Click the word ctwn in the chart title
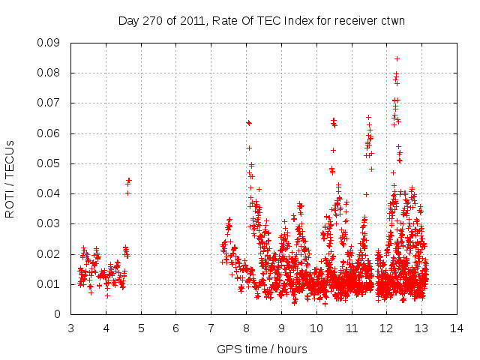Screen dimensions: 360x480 pos(391,21)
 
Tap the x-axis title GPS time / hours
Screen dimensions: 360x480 pos(262,349)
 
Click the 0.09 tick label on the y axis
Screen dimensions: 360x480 pos(49,43)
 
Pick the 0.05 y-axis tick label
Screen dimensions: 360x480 pos(49,163)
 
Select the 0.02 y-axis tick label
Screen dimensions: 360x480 pos(49,254)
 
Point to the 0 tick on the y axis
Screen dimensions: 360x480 pos(58,314)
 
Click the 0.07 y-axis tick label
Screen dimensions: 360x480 pos(49,103)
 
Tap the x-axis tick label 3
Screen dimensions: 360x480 pos(70,328)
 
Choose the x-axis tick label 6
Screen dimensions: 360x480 pos(175,328)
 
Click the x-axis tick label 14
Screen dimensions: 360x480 pos(456,328)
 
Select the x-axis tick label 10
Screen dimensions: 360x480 pos(316,328)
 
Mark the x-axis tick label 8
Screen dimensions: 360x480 pos(246,328)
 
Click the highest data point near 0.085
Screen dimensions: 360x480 pos(397,58)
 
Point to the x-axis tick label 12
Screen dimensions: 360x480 pos(386,328)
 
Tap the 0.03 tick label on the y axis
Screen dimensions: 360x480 pos(49,223)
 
